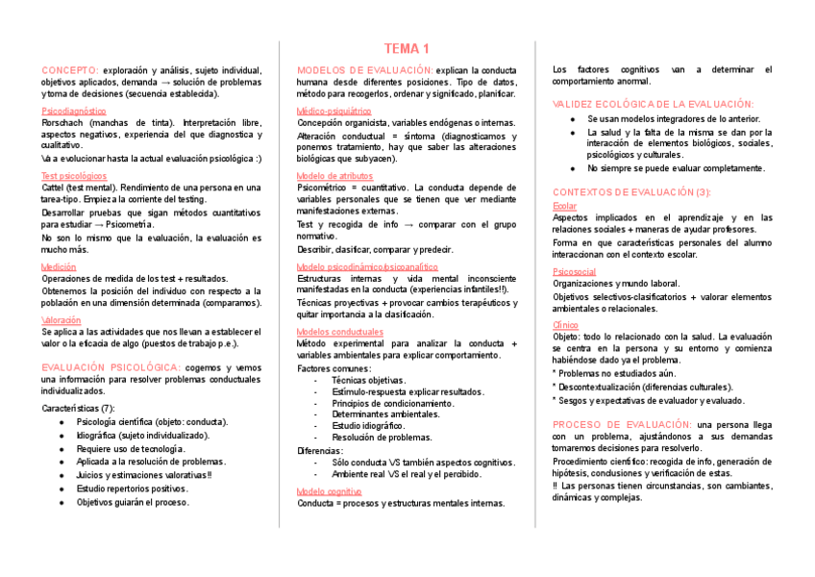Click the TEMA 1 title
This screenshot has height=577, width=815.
coord(407,48)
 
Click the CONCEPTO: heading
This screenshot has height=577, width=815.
coord(70,70)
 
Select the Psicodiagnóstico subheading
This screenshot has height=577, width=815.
coord(74,112)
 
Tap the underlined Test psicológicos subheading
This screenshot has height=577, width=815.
coord(74,176)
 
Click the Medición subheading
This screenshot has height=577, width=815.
coord(60,266)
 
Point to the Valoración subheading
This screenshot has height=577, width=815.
coord(62,319)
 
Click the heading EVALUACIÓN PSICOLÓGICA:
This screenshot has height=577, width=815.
coord(111,367)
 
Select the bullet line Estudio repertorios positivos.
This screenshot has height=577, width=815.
coord(133,489)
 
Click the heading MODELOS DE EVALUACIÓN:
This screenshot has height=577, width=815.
coord(365,70)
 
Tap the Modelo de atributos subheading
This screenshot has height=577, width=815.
coord(333,176)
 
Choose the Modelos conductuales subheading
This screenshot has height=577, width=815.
coord(339,332)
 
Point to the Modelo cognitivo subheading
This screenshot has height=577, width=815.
coord(330,491)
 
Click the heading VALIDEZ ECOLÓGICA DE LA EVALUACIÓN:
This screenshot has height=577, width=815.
coord(653,104)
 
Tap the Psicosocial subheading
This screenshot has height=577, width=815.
coord(575,272)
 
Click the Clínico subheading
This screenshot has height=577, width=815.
coord(565,325)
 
